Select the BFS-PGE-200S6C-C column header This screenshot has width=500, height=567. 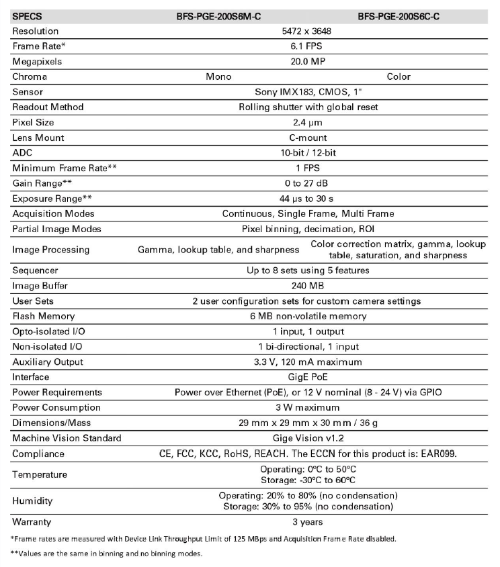[x=399, y=15]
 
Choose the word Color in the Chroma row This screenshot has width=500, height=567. [x=399, y=76]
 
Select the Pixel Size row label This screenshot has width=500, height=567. [x=34, y=122]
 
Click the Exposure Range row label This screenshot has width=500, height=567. [x=51, y=199]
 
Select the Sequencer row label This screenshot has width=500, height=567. [x=35, y=270]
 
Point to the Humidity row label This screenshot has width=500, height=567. [x=32, y=501]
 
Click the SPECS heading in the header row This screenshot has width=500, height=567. [x=26, y=15]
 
